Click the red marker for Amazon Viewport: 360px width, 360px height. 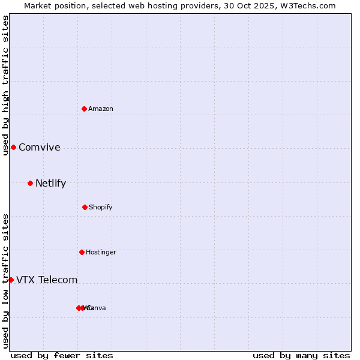(x=85, y=109)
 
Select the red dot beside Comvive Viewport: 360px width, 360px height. (x=13, y=147)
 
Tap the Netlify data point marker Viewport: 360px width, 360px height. (x=30, y=183)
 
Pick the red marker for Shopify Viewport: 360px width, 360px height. (x=85, y=207)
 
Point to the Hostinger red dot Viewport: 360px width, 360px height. (x=82, y=252)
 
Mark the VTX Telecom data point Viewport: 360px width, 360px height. (x=11, y=280)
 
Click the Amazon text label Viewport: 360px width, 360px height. (x=101, y=109)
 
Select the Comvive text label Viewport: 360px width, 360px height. (x=40, y=148)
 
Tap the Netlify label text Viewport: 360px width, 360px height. (x=50, y=184)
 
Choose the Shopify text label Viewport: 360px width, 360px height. (x=101, y=207)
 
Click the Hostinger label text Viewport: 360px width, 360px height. (x=101, y=252)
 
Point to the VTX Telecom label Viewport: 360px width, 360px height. (x=47, y=280)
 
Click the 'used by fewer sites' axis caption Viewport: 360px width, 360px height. (x=62, y=355)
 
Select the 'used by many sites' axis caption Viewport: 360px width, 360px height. (x=301, y=355)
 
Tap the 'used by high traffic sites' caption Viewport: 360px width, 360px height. (x=5, y=85)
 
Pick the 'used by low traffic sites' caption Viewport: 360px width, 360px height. (x=5, y=281)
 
